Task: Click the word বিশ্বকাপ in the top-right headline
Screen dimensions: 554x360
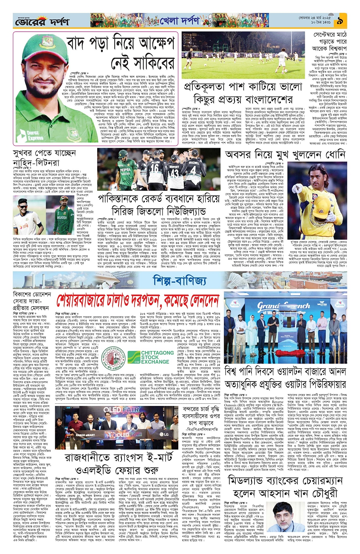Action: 334,49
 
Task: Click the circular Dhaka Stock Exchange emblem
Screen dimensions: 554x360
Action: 115,358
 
